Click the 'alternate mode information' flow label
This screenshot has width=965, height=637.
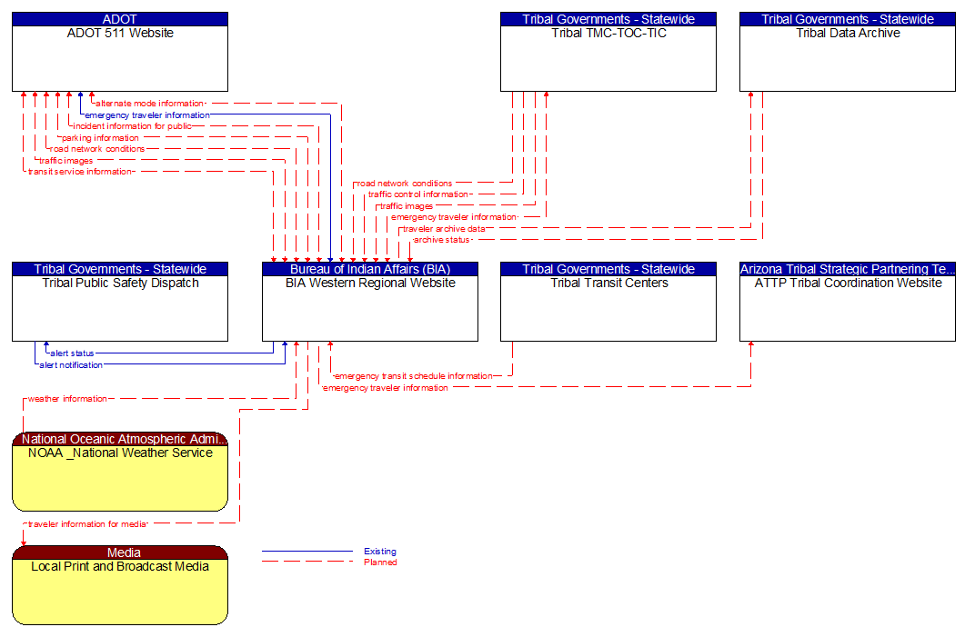click(x=149, y=104)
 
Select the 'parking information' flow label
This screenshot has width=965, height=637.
click(x=100, y=138)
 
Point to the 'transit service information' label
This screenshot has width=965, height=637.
click(x=80, y=172)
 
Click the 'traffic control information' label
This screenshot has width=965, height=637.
click(x=418, y=194)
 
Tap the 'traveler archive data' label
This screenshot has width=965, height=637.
click(x=444, y=229)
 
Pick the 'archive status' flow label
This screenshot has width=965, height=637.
click(x=442, y=240)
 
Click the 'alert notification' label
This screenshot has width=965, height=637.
click(x=71, y=365)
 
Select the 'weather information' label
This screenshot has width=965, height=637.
click(x=67, y=399)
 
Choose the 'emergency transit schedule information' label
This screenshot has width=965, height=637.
click(x=414, y=376)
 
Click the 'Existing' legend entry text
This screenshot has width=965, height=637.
click(x=379, y=552)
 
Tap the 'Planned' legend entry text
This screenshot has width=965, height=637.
click(x=379, y=562)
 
